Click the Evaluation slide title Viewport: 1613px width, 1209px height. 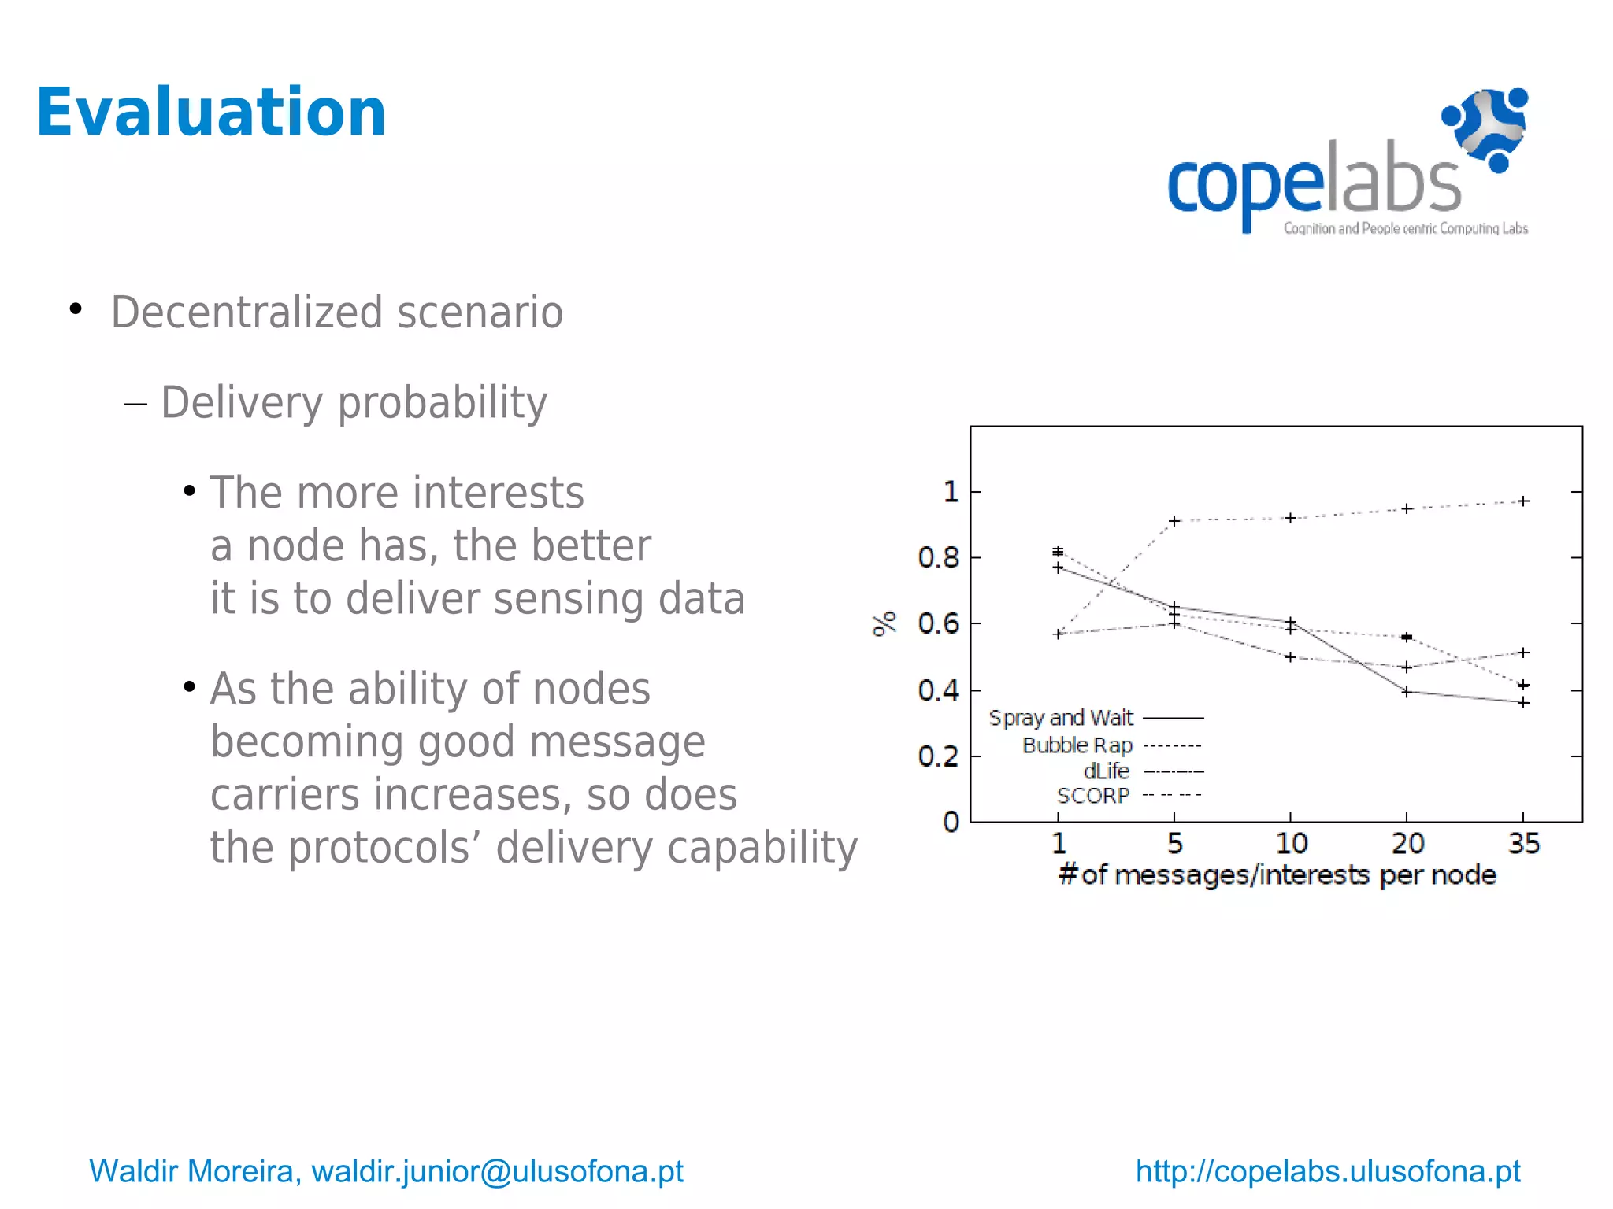click(211, 113)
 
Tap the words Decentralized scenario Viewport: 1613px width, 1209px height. click(336, 312)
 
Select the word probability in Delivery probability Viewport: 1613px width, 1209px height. click(442, 403)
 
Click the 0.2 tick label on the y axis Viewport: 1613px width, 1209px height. click(938, 756)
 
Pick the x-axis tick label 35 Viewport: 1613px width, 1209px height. click(1523, 844)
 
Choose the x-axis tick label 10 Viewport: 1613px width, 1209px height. click(1291, 844)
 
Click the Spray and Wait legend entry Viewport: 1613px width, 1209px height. click(1061, 718)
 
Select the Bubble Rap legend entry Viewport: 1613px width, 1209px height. click(1077, 745)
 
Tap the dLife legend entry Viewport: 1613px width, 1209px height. click(1106, 771)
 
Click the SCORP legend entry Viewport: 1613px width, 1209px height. click(1092, 796)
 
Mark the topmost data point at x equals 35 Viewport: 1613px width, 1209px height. click(1523, 501)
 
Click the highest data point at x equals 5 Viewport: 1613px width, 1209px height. click(1174, 521)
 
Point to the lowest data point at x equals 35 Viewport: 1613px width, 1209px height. click(1523, 702)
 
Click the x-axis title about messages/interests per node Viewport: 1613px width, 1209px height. click(1277, 875)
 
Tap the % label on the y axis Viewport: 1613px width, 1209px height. click(884, 623)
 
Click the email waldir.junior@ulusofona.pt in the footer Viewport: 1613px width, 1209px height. click(497, 1171)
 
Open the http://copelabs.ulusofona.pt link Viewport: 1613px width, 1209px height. click(1327, 1171)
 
